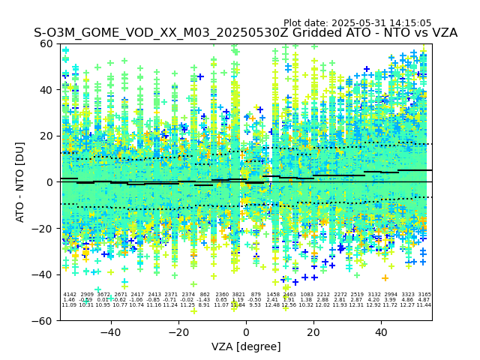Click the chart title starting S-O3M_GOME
tap(245, 33)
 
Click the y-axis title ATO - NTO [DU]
tap(21, 181)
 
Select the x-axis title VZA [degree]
tap(246, 346)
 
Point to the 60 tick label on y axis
tap(46, 43)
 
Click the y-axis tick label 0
tap(50, 181)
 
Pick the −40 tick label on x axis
tap(110, 332)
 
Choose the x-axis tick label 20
tap(313, 332)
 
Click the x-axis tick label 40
tap(381, 332)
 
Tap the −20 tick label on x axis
tap(178, 332)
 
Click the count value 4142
tap(70, 295)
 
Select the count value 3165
tap(424, 295)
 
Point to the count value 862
tap(205, 295)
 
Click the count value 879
tap(256, 295)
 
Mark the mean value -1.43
tap(204, 300)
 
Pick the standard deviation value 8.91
tap(204, 305)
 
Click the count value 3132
tap(373, 295)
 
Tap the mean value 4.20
tap(373, 300)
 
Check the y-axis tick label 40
tap(46, 89)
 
